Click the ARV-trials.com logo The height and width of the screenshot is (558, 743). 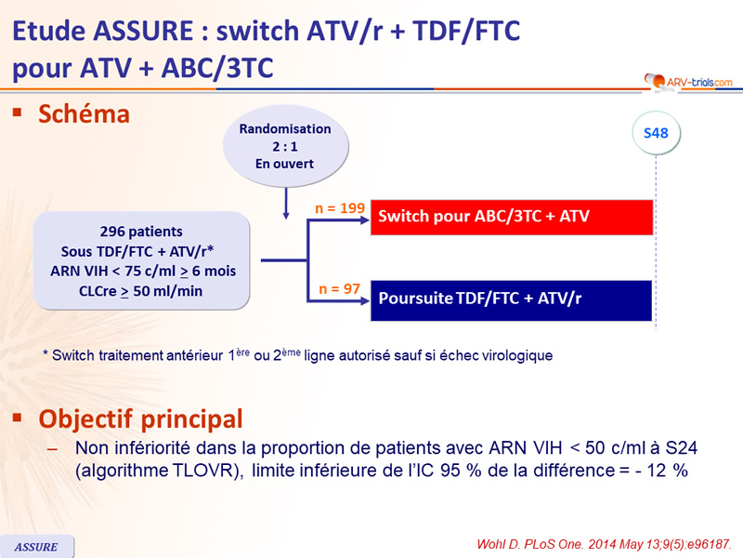click(686, 82)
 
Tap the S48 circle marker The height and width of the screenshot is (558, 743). click(656, 134)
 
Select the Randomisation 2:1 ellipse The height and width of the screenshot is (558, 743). click(284, 147)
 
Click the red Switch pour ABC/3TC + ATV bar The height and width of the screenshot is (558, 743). click(512, 218)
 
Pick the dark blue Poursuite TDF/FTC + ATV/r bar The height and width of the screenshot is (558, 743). click(512, 300)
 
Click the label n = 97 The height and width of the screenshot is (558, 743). click(341, 289)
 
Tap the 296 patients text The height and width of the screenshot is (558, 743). click(141, 232)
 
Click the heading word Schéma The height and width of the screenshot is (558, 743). click(83, 114)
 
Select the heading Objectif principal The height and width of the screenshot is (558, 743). click(140, 418)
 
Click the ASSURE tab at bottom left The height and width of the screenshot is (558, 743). click(37, 547)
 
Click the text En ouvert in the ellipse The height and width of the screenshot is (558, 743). click(284, 164)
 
